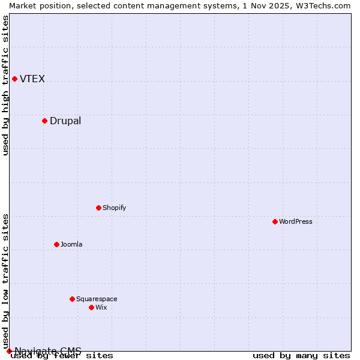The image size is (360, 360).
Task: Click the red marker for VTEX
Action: point(14,79)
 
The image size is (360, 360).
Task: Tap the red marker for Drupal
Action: point(44,121)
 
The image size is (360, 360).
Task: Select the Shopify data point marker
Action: point(98,208)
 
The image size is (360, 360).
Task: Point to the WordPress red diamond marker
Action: point(275,221)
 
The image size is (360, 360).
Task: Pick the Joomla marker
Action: point(56,244)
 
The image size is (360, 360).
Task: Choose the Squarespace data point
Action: point(72,299)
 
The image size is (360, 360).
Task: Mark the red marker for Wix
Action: point(91,307)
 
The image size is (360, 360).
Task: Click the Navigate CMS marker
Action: point(9,351)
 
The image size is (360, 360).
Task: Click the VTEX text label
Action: point(32,79)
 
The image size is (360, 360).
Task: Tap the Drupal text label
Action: point(65,121)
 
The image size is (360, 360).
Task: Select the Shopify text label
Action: point(114,208)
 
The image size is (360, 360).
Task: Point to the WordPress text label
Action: point(296,222)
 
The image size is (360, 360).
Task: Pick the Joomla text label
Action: point(71,245)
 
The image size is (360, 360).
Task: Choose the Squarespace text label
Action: point(97,299)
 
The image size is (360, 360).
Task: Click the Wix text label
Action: point(101,308)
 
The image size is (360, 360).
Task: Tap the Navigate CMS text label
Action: point(48,351)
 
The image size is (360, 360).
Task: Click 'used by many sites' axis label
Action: point(301,356)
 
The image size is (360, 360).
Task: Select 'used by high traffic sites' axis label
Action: point(6,85)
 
